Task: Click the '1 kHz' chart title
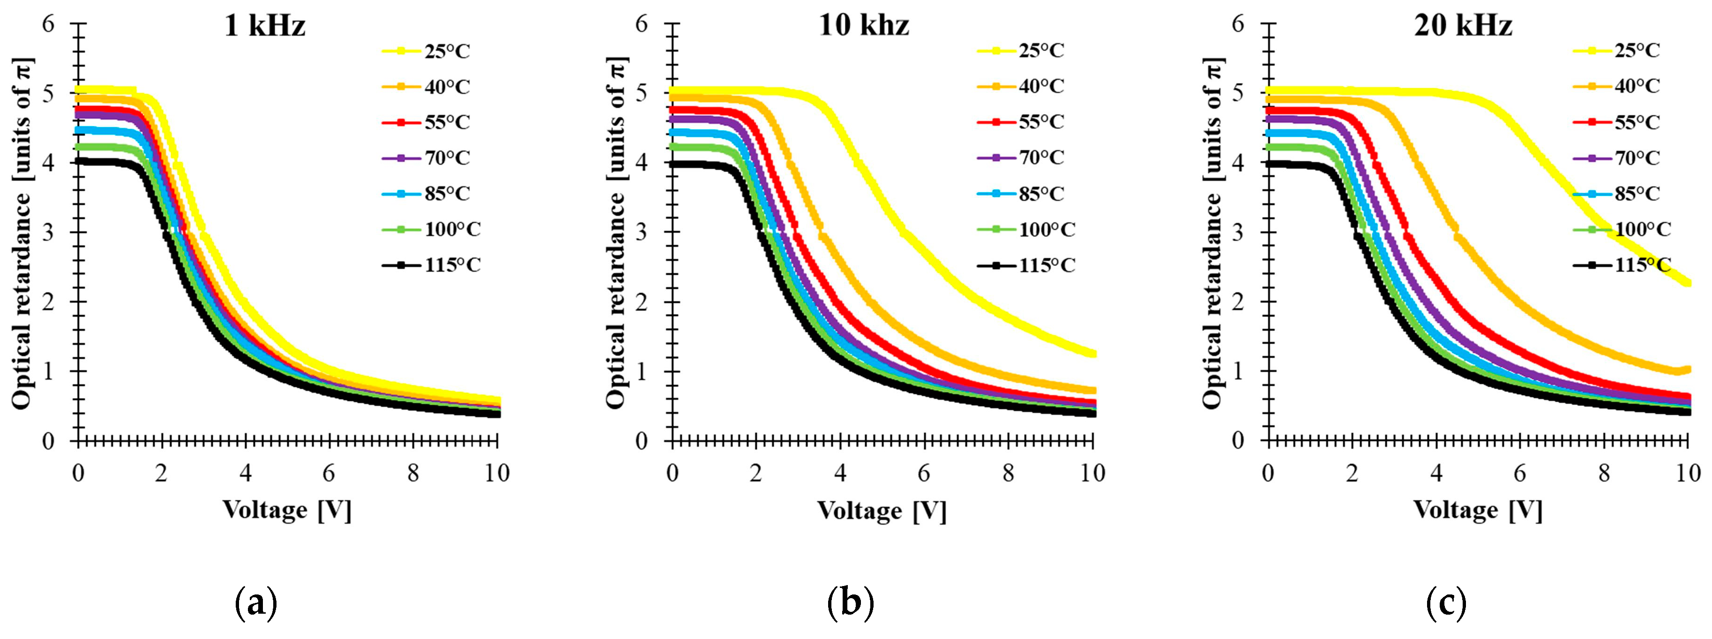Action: [264, 26]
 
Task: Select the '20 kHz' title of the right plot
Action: [1463, 26]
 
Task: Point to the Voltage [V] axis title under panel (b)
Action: [881, 511]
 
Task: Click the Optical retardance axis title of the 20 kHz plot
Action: [1213, 233]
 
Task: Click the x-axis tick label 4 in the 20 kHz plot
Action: [1436, 474]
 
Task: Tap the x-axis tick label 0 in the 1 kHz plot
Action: [78, 474]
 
